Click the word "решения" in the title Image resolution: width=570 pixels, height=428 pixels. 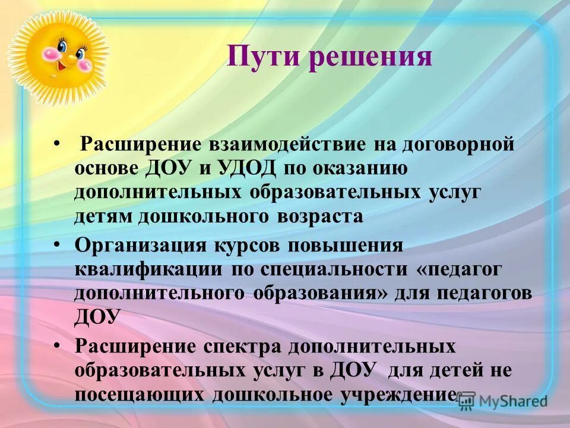tap(368, 58)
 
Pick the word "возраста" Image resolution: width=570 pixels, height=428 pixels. tap(319, 215)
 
